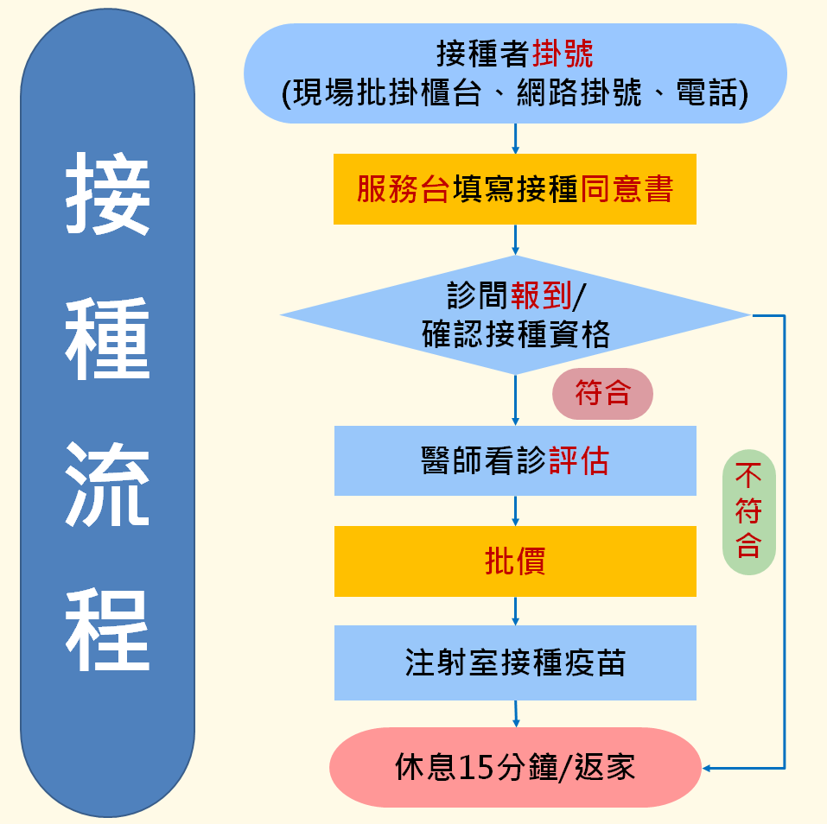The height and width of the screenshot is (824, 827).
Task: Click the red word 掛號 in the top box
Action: [563, 54]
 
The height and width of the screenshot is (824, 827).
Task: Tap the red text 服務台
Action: [404, 189]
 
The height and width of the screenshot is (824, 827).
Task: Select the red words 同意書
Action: [627, 189]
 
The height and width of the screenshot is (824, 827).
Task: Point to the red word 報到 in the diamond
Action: [541, 295]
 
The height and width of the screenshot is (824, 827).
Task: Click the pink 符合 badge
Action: [602, 393]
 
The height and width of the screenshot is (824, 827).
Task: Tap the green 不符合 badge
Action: [749, 512]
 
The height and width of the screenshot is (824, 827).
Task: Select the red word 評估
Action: [579, 460]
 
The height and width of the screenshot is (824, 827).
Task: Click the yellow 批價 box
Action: [515, 561]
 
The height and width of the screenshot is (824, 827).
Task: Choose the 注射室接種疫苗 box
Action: [515, 662]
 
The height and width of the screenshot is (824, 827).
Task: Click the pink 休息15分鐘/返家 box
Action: [515, 767]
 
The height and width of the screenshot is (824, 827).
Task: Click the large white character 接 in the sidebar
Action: [108, 193]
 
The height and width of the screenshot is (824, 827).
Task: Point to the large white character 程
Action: [108, 630]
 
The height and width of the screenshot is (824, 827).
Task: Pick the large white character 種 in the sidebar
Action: [108, 339]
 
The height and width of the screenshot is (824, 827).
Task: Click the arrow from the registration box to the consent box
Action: [515, 139]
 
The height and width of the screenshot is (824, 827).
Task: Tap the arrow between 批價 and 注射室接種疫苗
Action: [515, 611]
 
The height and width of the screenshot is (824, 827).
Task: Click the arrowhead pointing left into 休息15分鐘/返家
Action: [706, 768]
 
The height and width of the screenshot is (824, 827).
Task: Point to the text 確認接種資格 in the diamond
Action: [515, 334]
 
